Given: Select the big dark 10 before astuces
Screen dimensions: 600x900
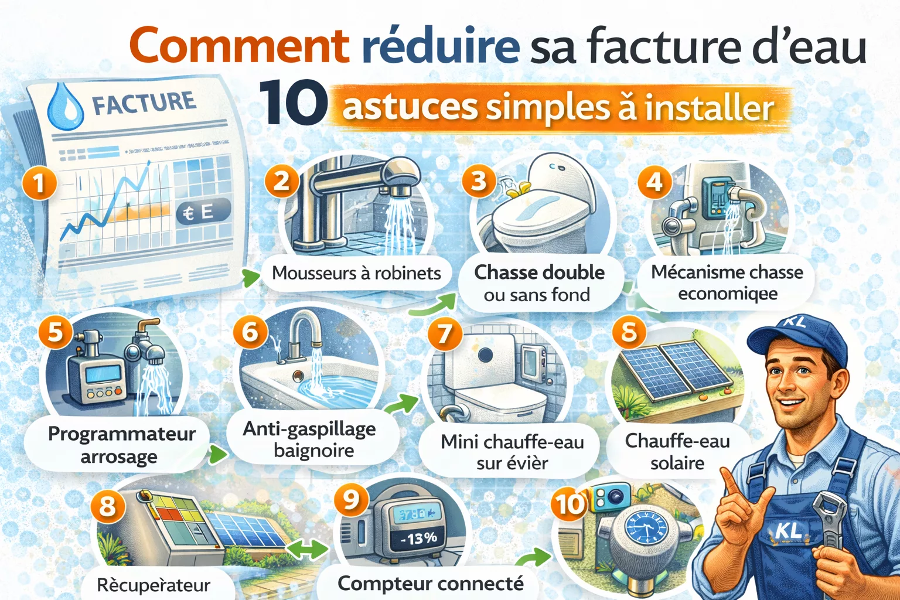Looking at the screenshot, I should [293, 103].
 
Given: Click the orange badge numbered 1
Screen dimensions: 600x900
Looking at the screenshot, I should [39, 183].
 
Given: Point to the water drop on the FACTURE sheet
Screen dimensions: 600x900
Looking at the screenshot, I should [65, 106].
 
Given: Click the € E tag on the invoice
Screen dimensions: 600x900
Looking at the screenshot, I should [203, 212].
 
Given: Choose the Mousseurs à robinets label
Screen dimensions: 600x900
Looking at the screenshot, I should [356, 273].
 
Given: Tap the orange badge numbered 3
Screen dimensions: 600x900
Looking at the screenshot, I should [479, 180].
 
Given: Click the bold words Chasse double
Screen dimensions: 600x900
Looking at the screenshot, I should [539, 272].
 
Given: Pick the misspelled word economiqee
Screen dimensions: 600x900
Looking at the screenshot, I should [728, 294].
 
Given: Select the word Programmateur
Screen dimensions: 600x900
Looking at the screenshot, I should [122, 434].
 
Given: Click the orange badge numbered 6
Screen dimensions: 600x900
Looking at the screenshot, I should [250, 332].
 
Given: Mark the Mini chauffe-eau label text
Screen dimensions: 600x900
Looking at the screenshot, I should [512, 441].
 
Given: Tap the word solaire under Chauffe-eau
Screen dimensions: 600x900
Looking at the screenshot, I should [677, 463].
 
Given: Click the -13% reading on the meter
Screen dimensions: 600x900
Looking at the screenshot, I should [418, 538].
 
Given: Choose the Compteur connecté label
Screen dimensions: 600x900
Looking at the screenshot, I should [431, 584].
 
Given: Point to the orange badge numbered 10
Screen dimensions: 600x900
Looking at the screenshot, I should [569, 504].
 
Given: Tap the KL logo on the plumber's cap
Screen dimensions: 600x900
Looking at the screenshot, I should [795, 321].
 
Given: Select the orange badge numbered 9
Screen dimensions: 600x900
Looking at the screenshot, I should [350, 500].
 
